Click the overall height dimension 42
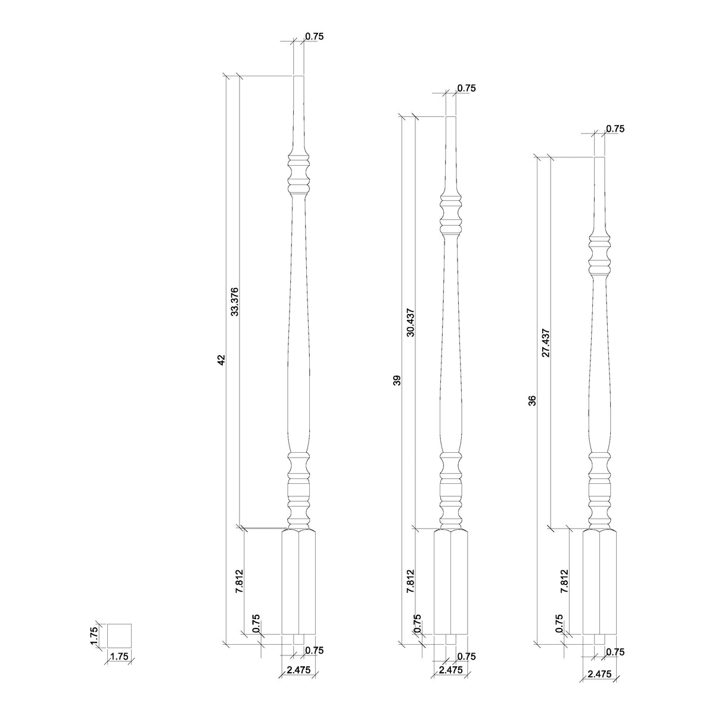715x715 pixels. [221, 360]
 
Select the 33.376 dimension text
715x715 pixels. [235, 301]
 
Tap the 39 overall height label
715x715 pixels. [397, 380]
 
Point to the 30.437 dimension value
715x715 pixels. [411, 322]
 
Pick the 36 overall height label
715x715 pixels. [533, 400]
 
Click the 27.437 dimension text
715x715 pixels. [546, 343]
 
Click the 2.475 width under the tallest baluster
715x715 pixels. [299, 670]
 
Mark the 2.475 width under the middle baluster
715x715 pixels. [450, 670]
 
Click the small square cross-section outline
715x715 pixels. [119, 635]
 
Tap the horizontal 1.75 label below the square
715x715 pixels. [119, 657]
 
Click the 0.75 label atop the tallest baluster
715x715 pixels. [314, 36]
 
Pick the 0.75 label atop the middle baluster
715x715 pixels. [467, 88]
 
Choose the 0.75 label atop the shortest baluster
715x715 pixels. [615, 129]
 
